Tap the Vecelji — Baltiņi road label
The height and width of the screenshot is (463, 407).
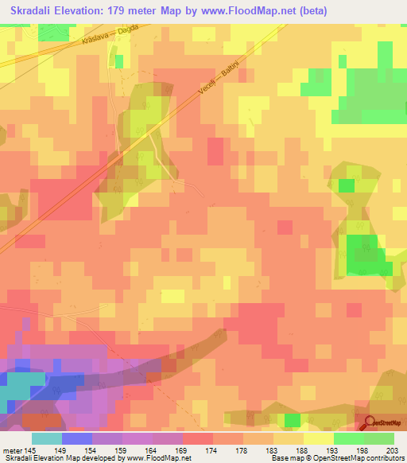click(218, 82)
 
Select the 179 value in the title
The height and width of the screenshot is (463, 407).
click(134, 10)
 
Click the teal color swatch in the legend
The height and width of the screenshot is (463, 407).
click(47, 438)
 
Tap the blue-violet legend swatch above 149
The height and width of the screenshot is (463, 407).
click(77, 438)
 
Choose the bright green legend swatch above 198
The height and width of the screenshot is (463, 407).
click(349, 438)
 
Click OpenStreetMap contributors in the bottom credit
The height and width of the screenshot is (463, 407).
click(363, 458)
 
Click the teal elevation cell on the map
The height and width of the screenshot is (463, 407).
click(17, 386)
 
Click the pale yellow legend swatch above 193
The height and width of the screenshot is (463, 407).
click(319, 438)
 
